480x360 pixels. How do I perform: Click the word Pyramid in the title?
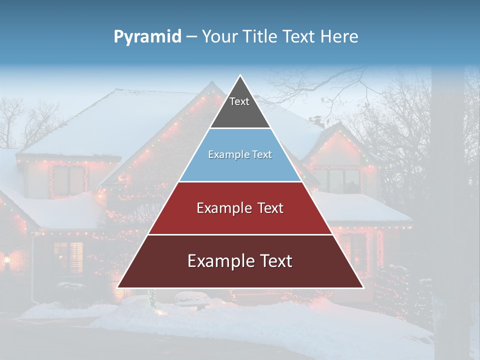147,37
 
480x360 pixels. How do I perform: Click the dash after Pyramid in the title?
191,37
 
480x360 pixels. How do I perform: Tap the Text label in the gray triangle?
239,101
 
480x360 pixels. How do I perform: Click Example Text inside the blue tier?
240,154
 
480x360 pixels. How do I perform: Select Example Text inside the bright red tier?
240,208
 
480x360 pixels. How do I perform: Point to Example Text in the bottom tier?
240,261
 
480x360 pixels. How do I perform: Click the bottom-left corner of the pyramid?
117,287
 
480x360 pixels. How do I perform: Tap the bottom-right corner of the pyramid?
363,287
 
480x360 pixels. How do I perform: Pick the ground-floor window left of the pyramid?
68,257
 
